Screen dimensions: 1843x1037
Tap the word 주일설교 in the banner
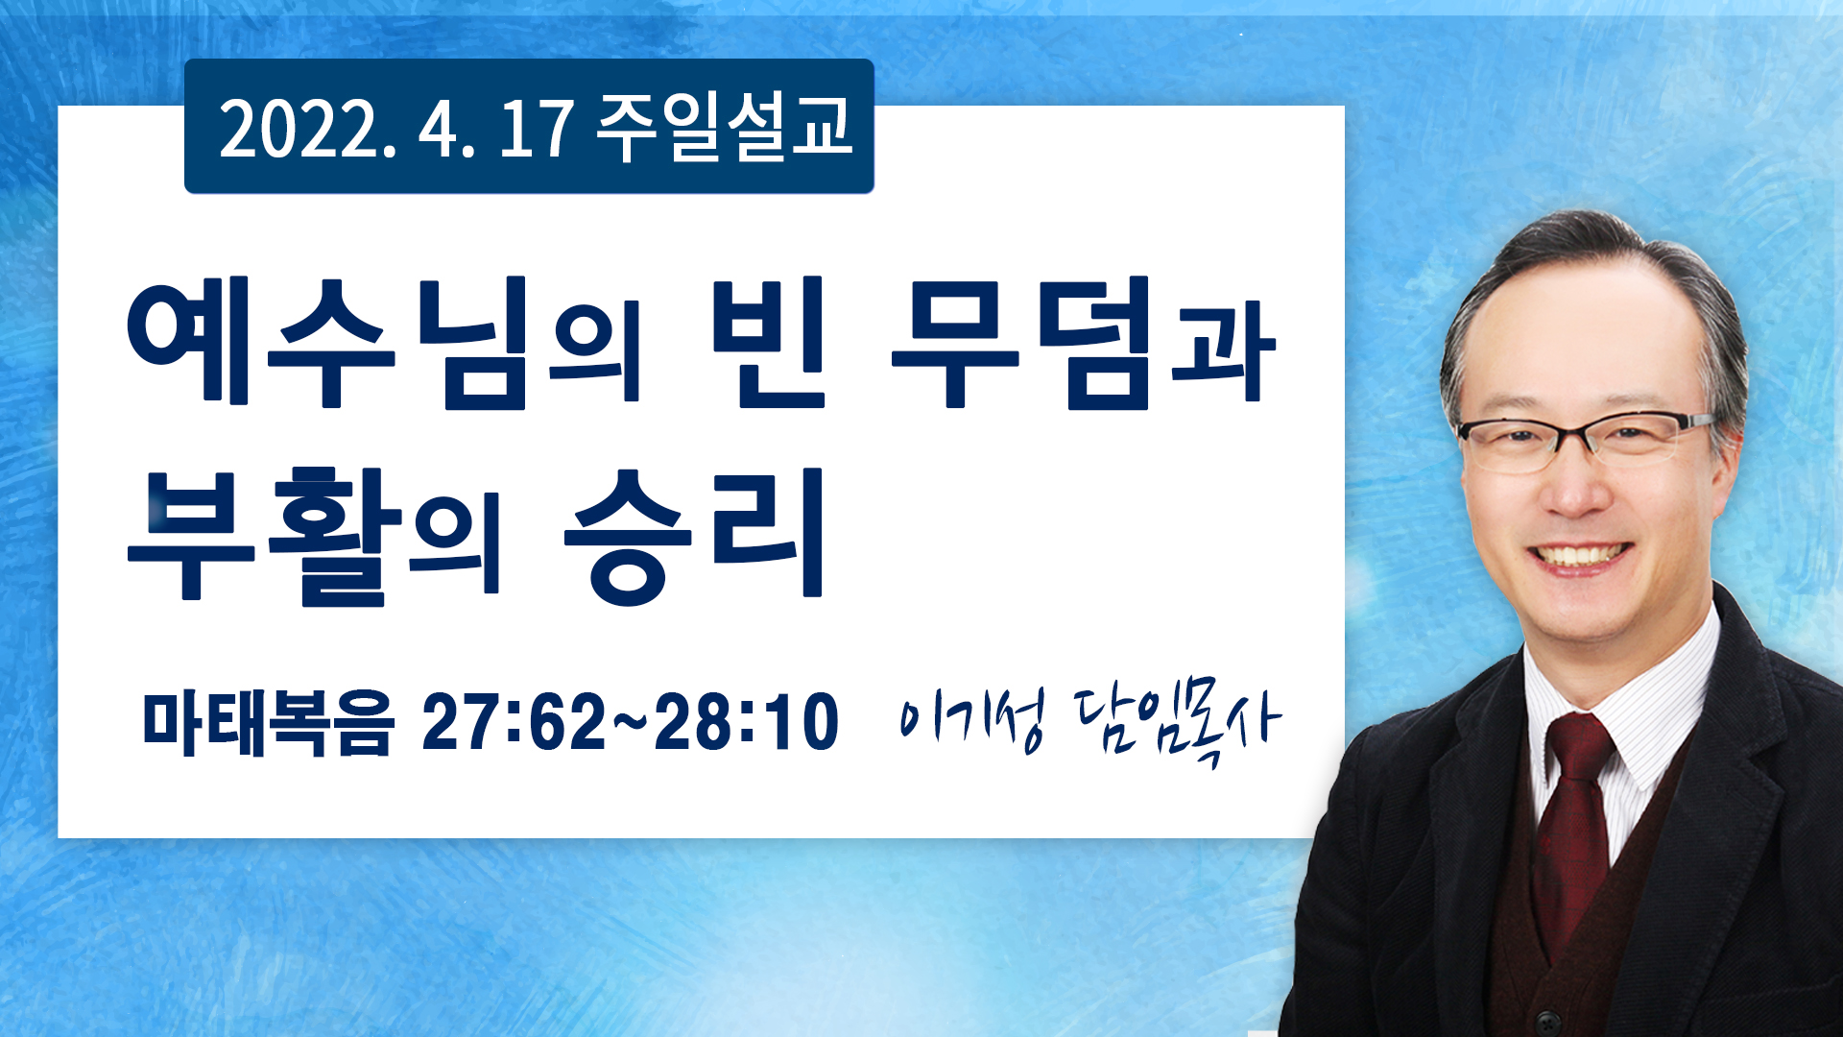click(x=725, y=129)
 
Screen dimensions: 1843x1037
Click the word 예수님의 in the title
click(x=384, y=342)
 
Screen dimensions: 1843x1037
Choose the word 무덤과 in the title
click(x=1083, y=342)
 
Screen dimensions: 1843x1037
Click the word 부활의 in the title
click(x=315, y=536)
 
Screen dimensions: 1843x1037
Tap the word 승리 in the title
click(x=693, y=536)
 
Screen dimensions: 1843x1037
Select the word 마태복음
click(x=268, y=722)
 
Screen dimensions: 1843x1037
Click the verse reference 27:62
click(x=515, y=722)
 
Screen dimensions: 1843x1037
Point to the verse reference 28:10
click(x=747, y=722)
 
